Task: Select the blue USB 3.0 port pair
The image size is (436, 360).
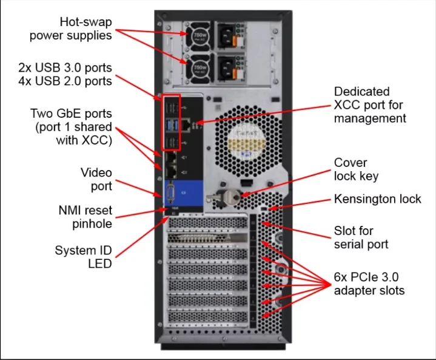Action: (x=171, y=124)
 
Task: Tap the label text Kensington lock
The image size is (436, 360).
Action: (x=377, y=199)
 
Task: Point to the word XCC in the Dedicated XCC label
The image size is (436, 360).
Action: (x=347, y=104)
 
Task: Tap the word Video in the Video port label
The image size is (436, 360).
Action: (x=96, y=172)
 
